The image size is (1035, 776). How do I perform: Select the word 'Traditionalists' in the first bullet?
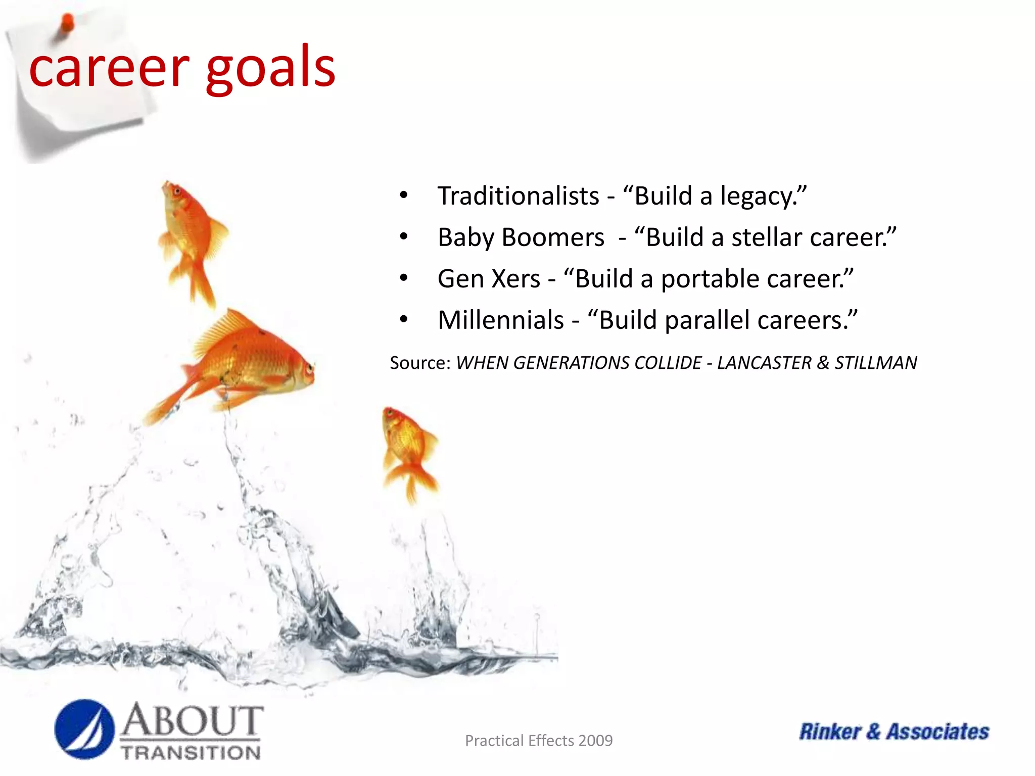[518, 196]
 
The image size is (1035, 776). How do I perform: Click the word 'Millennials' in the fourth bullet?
[500, 320]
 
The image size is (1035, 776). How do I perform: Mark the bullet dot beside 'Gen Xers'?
[403, 278]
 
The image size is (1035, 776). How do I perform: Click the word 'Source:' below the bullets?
[420, 363]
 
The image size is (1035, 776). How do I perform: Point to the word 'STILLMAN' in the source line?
[875, 363]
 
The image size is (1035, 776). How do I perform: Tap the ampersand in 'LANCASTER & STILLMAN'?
[823, 363]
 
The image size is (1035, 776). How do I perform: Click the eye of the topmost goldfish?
[176, 191]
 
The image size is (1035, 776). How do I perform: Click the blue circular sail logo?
[84, 729]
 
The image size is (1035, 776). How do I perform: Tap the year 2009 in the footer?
[596, 741]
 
